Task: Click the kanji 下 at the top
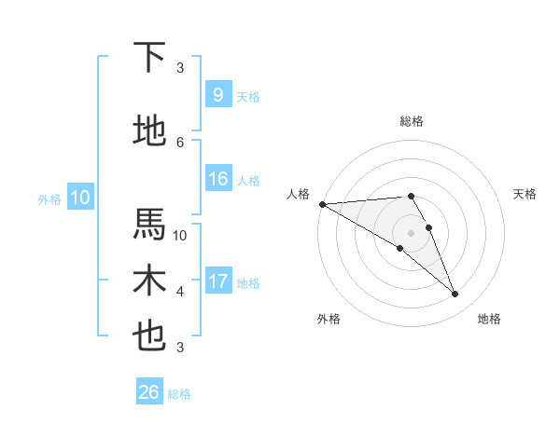(x=149, y=57)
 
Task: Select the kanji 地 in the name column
(x=149, y=131)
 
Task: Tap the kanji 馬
(x=149, y=225)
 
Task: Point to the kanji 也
(x=149, y=336)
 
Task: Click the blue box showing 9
(x=217, y=95)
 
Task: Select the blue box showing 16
(x=217, y=179)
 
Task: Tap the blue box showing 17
(x=217, y=281)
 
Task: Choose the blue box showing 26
(x=148, y=392)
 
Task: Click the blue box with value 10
(x=79, y=198)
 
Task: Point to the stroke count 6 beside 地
(x=180, y=142)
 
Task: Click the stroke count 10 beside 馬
(x=180, y=235)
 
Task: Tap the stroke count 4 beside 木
(x=180, y=292)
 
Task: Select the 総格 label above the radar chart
(x=412, y=121)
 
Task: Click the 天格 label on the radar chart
(x=525, y=194)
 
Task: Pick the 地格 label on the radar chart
(x=489, y=319)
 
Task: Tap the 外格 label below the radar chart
(x=329, y=319)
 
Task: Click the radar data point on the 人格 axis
(x=322, y=204)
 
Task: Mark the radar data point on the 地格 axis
(x=455, y=294)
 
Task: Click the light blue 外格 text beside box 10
(x=49, y=198)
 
